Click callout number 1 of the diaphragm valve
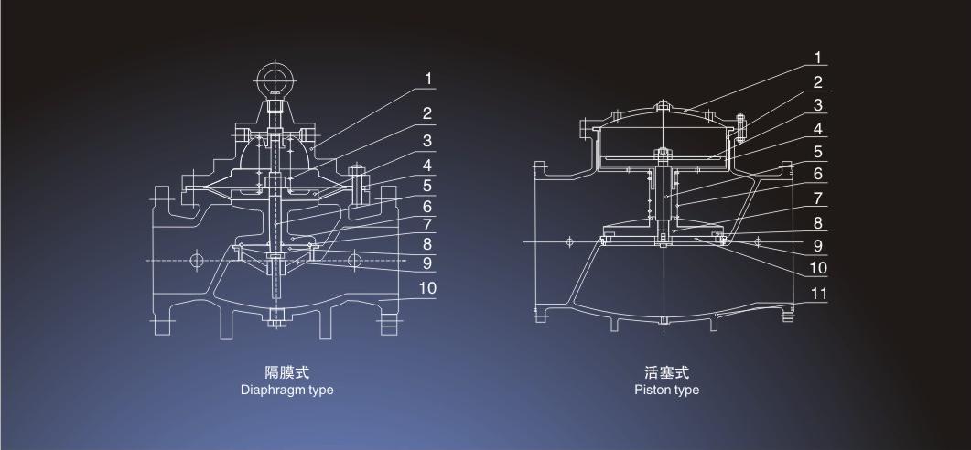[427, 80]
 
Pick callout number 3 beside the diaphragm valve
[427, 141]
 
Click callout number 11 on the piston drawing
[819, 294]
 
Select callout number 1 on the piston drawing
[819, 58]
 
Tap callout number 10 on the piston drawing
[819, 268]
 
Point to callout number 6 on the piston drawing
[819, 174]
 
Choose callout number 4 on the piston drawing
[819, 128]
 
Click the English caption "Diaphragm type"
[286, 390]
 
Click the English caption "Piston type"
[666, 390]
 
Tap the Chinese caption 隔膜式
[286, 372]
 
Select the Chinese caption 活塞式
[666, 372]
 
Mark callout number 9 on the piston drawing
[819, 245]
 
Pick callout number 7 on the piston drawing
[819, 198]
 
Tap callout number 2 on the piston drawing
[819, 82]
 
